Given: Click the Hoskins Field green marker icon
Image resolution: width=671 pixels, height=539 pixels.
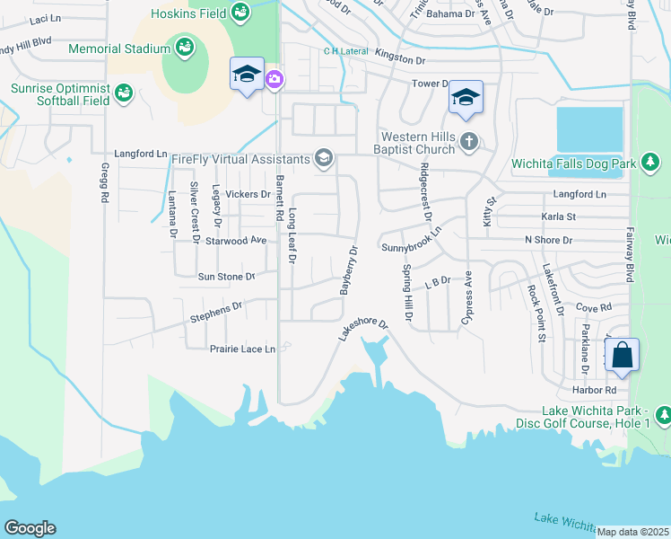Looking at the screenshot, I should click(240, 12).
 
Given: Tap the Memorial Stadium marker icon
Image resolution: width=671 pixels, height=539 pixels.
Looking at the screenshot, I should click(183, 48).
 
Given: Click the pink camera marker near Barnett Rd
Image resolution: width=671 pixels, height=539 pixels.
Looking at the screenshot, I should click(274, 80).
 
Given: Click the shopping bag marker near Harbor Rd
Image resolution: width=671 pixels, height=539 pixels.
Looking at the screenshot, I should click(623, 356).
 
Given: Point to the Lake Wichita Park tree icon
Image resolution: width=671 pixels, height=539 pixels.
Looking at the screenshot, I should click(663, 415).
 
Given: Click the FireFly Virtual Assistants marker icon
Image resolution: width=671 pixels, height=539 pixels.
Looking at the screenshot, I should click(323, 160).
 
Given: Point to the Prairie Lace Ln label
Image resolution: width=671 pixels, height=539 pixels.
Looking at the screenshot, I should click(241, 349).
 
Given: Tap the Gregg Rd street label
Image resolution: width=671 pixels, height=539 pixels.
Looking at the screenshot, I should click(104, 183).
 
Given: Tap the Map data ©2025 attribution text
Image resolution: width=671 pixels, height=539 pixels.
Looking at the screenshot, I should click(633, 532).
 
